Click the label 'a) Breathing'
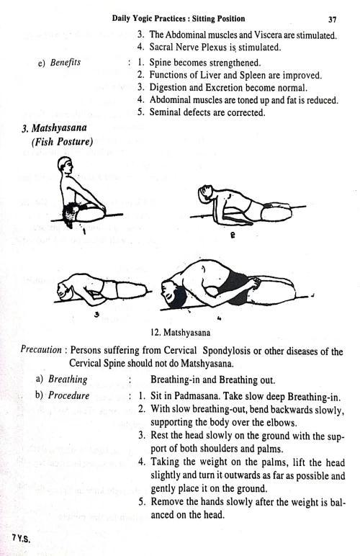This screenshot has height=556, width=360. (60, 380)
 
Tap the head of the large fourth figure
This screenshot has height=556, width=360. (176, 296)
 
